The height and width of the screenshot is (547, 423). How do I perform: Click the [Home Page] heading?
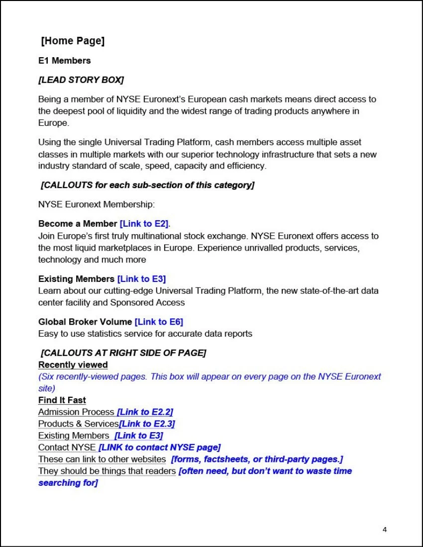click(73, 41)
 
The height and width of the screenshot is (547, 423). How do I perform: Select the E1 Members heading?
click(64, 61)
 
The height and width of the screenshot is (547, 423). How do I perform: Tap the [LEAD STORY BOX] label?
click(81, 80)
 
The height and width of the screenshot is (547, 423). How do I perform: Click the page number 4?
click(385, 529)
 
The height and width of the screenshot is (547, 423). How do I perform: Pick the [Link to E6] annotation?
click(159, 322)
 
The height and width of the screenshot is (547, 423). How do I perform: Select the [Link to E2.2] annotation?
click(145, 412)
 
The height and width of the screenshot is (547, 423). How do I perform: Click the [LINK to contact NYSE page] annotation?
click(159, 448)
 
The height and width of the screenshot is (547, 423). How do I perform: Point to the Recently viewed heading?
click(73, 365)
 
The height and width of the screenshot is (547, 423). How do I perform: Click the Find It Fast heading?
click(62, 400)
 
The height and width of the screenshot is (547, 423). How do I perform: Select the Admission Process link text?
click(76, 412)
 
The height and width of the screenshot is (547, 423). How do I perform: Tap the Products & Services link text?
click(79, 424)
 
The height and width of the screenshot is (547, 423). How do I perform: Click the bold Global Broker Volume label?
click(85, 322)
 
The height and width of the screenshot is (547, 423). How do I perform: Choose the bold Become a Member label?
click(78, 224)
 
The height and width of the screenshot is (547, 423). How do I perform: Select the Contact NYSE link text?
click(67, 448)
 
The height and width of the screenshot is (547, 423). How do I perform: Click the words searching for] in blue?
click(68, 483)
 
